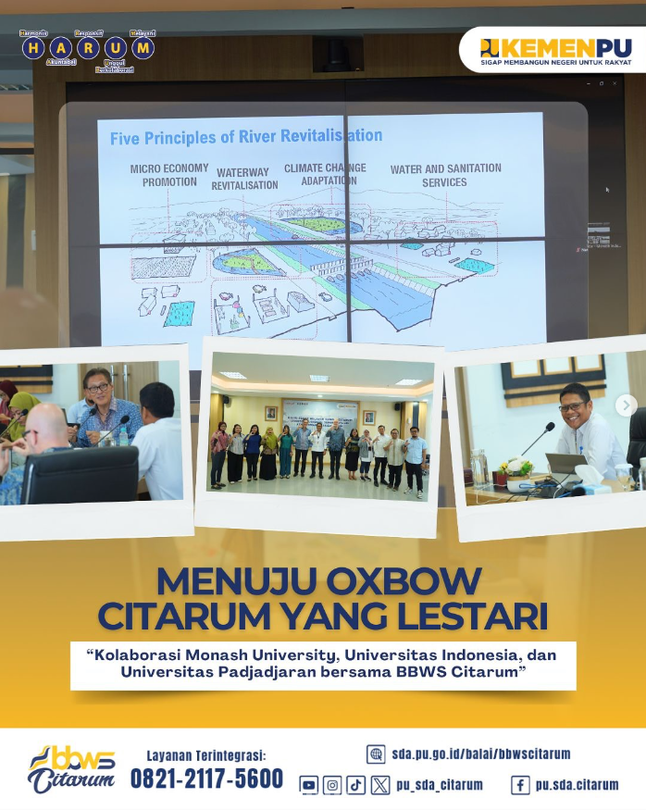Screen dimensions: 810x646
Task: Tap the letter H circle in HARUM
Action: click(x=33, y=47)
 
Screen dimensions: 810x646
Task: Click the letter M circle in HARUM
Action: click(x=143, y=47)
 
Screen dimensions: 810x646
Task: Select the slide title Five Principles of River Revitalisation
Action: click(x=245, y=137)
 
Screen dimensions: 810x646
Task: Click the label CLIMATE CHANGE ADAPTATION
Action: click(x=325, y=174)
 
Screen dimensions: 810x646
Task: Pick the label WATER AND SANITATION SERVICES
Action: click(x=445, y=175)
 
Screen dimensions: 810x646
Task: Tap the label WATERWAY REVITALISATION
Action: click(x=244, y=179)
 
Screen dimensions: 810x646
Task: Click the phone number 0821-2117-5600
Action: click(x=206, y=779)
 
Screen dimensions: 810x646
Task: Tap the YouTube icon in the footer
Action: click(x=309, y=785)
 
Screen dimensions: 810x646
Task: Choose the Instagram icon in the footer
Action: click(x=332, y=785)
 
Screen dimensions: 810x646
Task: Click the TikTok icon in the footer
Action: click(x=356, y=785)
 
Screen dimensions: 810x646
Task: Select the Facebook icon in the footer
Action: click(x=520, y=785)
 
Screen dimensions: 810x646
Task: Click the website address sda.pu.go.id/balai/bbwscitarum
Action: click(x=480, y=754)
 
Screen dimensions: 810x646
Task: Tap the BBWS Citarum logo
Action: click(x=71, y=769)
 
